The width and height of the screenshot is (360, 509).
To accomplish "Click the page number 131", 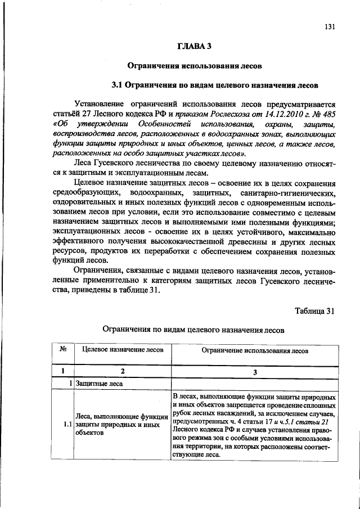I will [330, 27].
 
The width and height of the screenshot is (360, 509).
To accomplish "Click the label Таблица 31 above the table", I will [314, 310].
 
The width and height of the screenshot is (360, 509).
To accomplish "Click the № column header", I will [63, 349].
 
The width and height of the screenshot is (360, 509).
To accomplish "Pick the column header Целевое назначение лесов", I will [123, 350].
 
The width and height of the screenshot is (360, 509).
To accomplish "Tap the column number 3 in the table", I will [255, 371].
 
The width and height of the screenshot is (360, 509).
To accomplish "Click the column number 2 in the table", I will [122, 371].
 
